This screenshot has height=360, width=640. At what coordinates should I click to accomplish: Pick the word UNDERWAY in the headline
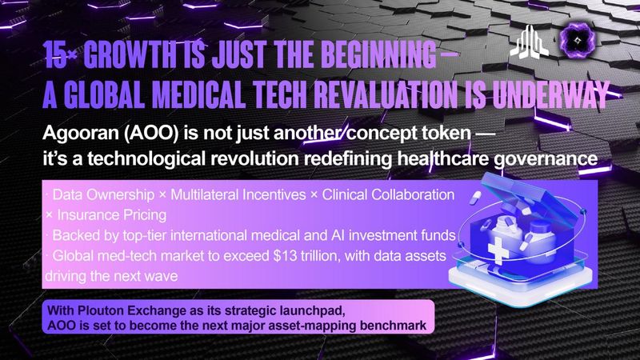coord(551,94)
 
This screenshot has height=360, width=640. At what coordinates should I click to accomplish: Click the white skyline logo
coord(530,42)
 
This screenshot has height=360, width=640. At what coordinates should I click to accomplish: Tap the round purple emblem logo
coord(577,40)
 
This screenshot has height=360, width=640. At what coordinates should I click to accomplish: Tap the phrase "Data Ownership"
coord(103,194)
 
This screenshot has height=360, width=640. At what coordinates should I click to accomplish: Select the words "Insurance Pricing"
coord(111,215)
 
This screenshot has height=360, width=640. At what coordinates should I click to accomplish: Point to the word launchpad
coord(313,311)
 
